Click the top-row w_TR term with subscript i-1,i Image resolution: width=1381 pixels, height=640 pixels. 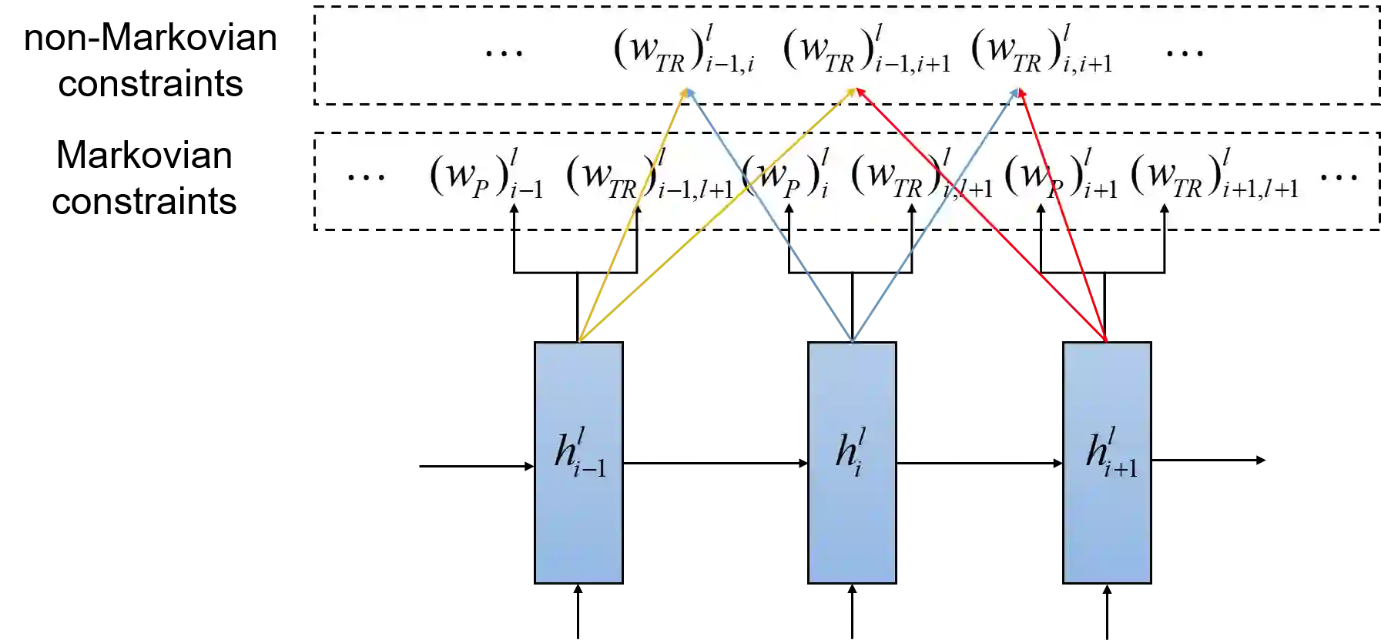pos(683,52)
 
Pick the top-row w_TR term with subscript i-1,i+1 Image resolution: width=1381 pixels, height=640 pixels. pos(866,52)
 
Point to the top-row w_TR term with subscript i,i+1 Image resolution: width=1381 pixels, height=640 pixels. pos(1041,52)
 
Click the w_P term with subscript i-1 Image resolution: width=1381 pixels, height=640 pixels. pos(486,177)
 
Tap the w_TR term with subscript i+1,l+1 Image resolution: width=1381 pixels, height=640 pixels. pos(1214,177)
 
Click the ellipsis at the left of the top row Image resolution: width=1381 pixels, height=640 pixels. pos(504,52)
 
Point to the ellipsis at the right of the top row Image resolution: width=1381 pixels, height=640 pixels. pos(1185,52)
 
